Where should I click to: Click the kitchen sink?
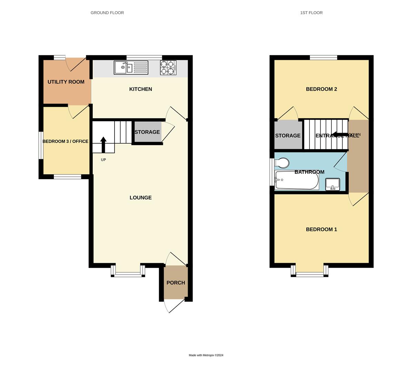pos(131,68)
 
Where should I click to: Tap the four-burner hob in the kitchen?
pos(168,68)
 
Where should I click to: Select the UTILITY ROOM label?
pos(66,82)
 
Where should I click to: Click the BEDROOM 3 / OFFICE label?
pos(65,141)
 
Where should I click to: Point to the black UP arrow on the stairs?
pos(103,144)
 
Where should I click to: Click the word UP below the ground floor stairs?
pos(103,160)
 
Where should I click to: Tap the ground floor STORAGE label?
pos(147,132)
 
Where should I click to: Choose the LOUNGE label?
pos(140,198)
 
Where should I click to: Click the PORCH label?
pos(176,283)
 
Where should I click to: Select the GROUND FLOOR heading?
pos(107,13)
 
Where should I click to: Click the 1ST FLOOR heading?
pos(311,13)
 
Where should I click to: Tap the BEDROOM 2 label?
pos(321,89)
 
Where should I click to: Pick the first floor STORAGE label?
pos(288,136)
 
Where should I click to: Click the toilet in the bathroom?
pos(282,162)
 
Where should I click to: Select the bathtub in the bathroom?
pos(297,180)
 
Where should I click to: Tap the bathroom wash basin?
pos(333,184)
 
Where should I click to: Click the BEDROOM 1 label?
pos(321,229)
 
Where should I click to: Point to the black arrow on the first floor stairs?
pos(340,135)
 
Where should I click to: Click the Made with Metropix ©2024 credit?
pos(206,355)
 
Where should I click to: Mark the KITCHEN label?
pos(140,89)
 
